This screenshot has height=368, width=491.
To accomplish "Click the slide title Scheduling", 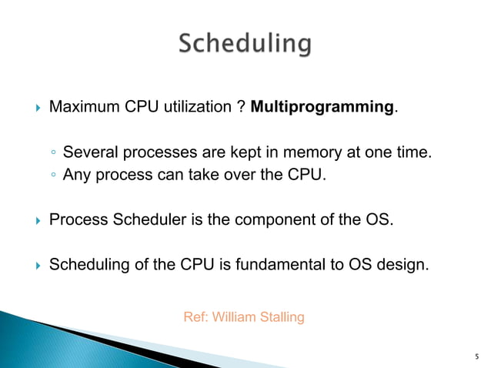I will pos(245,44).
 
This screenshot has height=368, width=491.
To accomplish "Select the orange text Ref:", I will pos(195,316).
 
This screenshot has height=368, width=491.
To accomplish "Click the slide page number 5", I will pos(477,356).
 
